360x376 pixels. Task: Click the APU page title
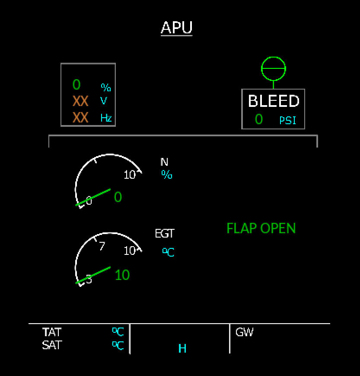[176, 28]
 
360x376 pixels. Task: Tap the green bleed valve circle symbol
[273, 69]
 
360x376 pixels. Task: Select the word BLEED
[273, 101]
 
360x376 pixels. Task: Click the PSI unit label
[288, 120]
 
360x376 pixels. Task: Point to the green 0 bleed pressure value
[258, 119]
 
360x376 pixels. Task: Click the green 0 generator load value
[76, 84]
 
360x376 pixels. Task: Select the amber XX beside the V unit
[80, 101]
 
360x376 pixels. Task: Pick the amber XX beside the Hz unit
[80, 117]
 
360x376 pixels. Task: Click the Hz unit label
[106, 118]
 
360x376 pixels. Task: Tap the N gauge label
[164, 162]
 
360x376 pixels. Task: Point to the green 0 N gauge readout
[118, 197]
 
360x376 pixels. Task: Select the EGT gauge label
[164, 234]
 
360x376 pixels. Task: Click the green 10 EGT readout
[122, 275]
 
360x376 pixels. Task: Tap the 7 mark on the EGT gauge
[102, 246]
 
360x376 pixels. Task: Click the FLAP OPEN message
[261, 228]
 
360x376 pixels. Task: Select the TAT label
[52, 332]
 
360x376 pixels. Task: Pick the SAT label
[52, 345]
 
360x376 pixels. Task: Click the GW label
[244, 332]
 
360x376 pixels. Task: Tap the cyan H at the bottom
[182, 348]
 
